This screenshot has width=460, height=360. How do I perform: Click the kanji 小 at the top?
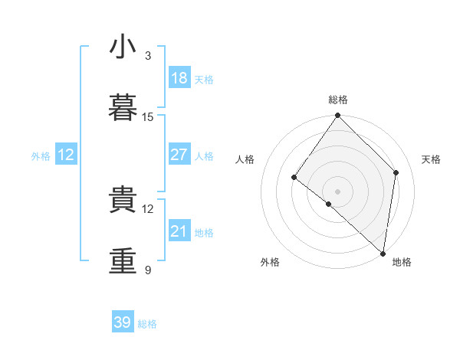[123, 46]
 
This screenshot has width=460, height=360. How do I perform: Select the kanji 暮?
[123, 107]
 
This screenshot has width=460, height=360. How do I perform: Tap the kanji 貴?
[123, 198]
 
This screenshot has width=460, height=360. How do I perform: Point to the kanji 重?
[123, 260]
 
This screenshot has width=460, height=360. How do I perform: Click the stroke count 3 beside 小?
[148, 56]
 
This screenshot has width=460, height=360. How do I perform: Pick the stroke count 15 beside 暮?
[147, 117]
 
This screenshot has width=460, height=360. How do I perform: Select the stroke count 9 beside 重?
[148, 270]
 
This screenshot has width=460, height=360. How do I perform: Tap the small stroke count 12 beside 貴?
[147, 209]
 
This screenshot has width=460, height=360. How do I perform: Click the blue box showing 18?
[179, 77]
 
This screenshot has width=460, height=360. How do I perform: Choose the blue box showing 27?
[179, 154]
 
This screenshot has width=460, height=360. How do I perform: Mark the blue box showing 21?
[179, 230]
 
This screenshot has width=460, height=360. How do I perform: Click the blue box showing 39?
[123, 321]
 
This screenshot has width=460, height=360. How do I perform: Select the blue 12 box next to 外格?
[66, 154]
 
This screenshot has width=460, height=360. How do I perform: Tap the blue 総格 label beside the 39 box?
[147, 324]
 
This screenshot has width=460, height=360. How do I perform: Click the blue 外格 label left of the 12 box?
[41, 156]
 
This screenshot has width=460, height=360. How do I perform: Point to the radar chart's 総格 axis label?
[338, 100]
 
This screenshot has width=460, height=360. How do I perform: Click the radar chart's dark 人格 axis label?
[245, 159]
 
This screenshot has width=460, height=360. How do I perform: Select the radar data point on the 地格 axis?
[383, 254]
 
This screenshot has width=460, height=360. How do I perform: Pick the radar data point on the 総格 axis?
[337, 115]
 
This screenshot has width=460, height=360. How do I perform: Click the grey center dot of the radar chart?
[337, 191]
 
